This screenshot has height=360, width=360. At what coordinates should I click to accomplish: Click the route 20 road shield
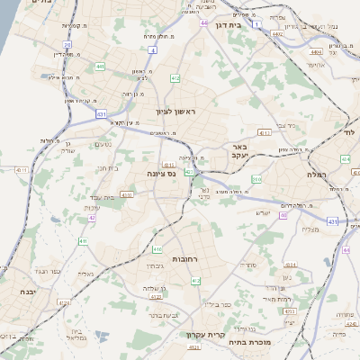pyautogui.click(x=67, y=44)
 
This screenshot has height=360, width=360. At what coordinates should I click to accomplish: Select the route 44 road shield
pyautogui.click(x=205, y=22)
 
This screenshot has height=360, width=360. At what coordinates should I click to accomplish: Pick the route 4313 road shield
pyautogui.click(x=127, y=194)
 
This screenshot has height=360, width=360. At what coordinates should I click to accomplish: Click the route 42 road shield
pyautogui.click(x=91, y=217)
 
